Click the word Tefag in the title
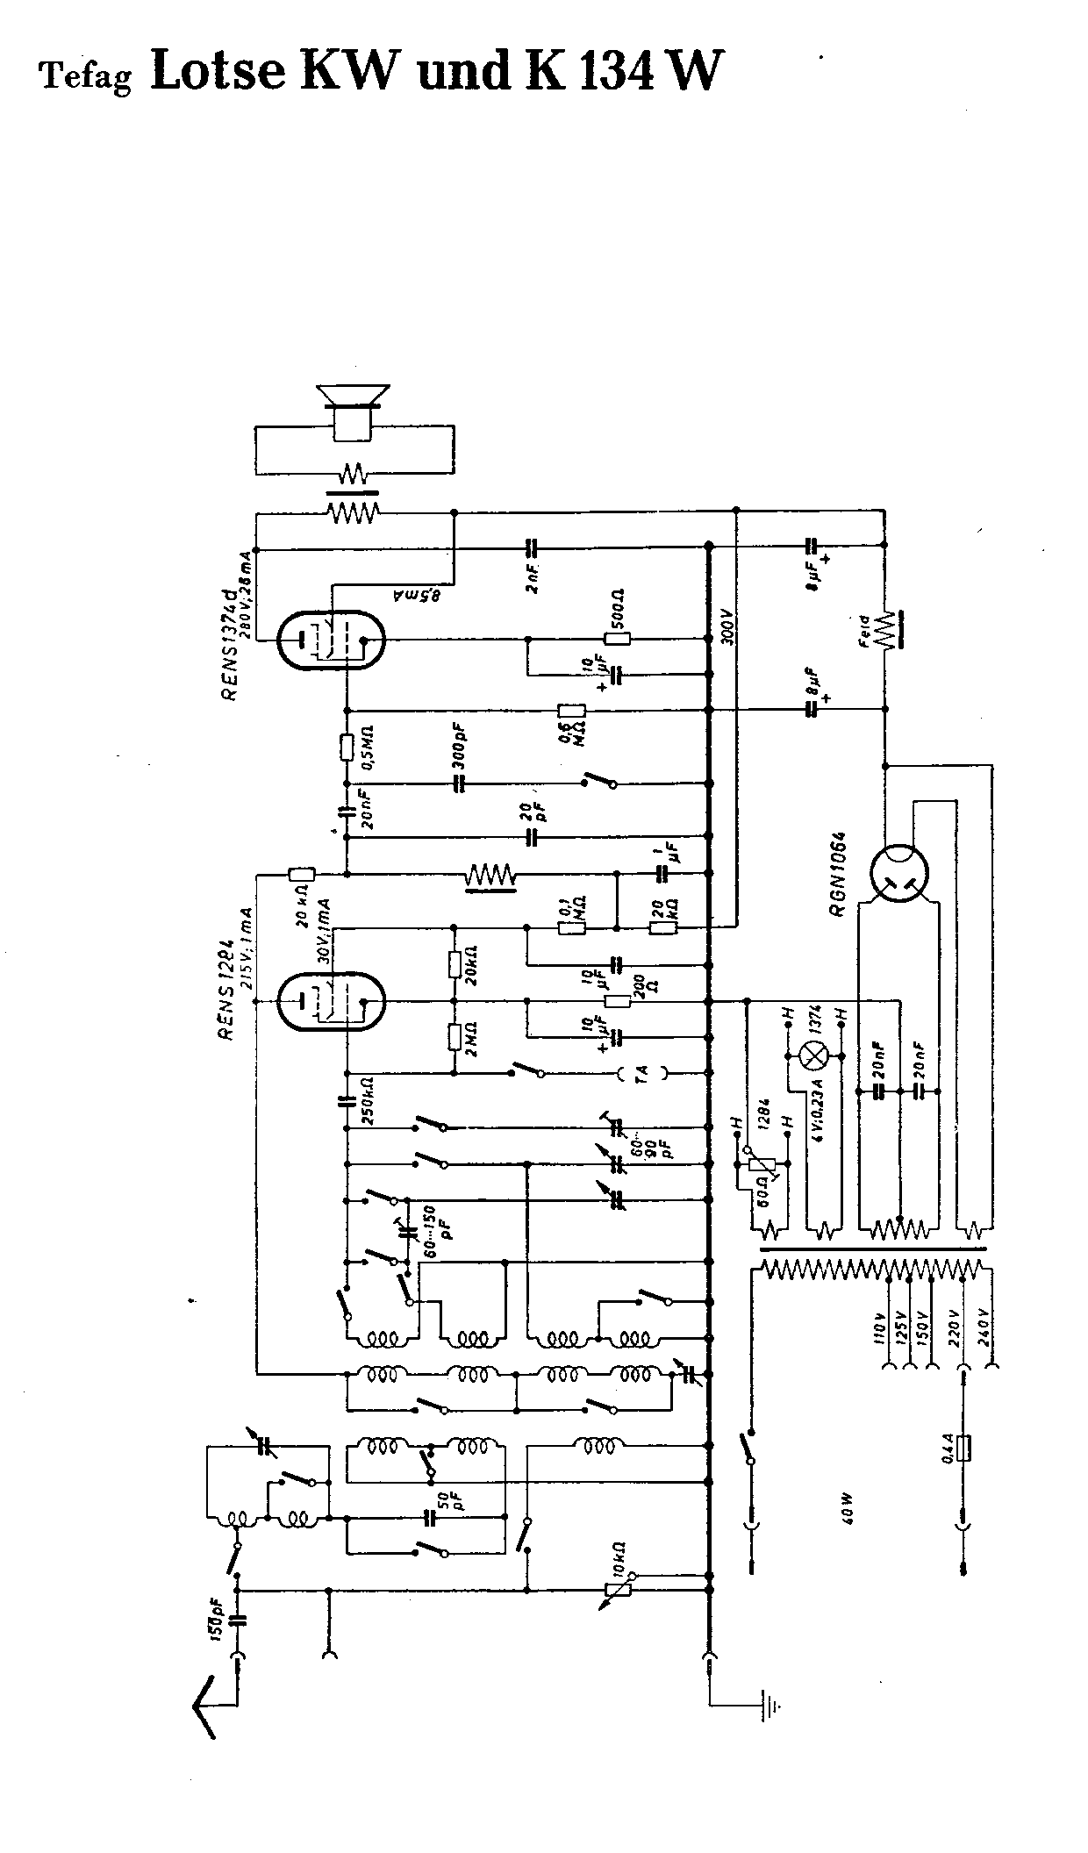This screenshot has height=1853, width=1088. (85, 77)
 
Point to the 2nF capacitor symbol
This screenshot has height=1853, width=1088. (530, 547)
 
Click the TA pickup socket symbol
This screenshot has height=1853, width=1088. (641, 1072)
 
